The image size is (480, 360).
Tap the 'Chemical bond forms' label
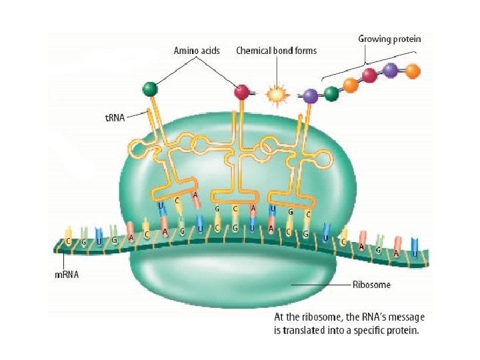point(277,50)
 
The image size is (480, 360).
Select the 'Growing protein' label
point(389,39)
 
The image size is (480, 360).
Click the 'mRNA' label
point(67,275)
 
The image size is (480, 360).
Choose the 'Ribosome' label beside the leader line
point(371,285)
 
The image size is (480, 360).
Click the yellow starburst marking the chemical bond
point(275,95)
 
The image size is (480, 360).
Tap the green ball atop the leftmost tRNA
point(150,89)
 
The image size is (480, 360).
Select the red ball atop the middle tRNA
point(241,91)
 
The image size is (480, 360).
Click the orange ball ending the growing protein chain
point(413,70)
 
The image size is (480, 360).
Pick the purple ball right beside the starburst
point(310,96)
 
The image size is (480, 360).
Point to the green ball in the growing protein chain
point(331,93)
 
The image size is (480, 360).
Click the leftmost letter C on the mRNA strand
point(69,241)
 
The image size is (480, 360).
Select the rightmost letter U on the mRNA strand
point(415,253)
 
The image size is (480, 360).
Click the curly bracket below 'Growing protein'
point(366,60)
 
